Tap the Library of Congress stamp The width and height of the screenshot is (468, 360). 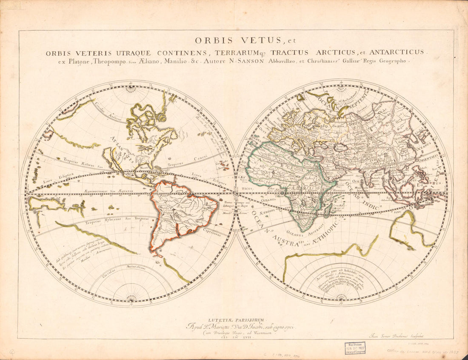point(354,348)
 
